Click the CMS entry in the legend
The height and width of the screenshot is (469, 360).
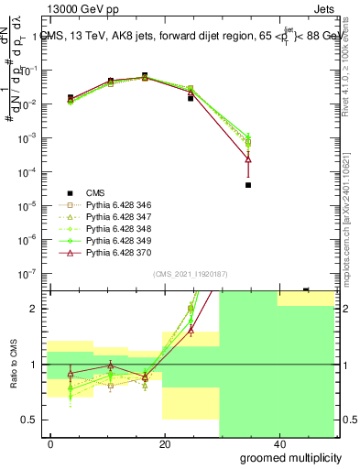pyautogui.click(x=95, y=193)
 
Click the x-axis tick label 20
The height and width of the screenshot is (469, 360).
pyautogui.click(x=163, y=444)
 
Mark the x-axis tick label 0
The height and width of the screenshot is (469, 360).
pyautogui.click(x=50, y=444)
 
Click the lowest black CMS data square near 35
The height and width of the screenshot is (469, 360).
pyautogui.click(x=248, y=185)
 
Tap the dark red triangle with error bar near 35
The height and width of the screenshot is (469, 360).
pyautogui.click(x=248, y=159)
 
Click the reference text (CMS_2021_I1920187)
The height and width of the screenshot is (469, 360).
pyautogui.click(x=190, y=273)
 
